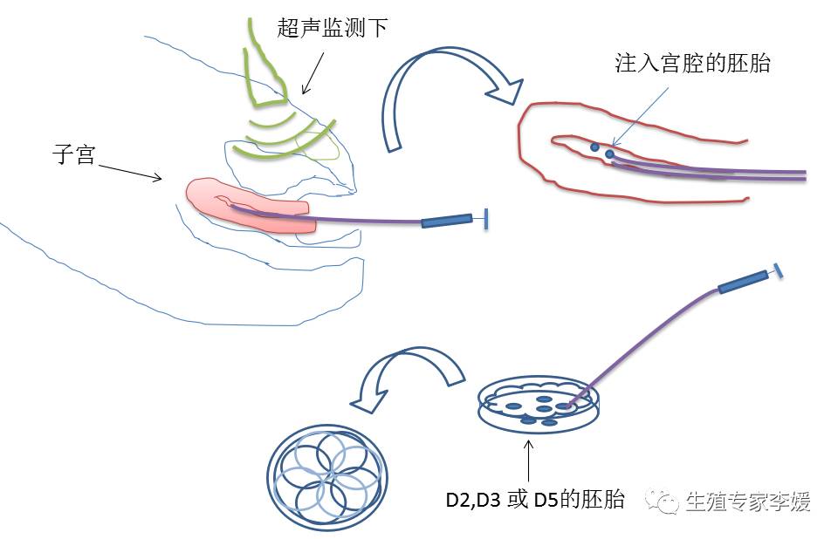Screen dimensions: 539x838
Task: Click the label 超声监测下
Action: coord(332,28)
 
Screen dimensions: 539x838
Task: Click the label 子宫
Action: coord(73,157)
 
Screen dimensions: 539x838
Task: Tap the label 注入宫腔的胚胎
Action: coord(693,63)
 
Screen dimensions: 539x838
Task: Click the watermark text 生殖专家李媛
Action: coord(748,501)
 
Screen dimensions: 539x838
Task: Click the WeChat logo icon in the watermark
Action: coord(663,501)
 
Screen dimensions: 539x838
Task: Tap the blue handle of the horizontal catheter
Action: coord(446,222)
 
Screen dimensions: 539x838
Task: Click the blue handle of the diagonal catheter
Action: coord(743,282)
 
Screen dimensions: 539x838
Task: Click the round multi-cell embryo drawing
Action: coord(326,478)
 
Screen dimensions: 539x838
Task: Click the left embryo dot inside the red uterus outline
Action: coord(594,147)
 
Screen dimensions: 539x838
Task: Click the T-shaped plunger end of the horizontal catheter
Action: coord(484,220)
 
